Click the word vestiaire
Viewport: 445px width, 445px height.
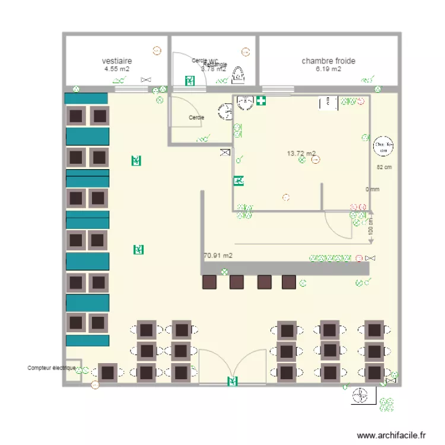(117, 61)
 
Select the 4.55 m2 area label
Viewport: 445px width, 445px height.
(117, 69)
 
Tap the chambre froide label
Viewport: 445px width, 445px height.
(328, 61)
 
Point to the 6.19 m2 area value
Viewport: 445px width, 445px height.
(328, 69)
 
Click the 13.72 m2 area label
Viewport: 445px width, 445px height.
(301, 153)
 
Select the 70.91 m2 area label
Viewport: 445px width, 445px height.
(218, 256)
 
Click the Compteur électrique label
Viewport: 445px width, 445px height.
(51, 368)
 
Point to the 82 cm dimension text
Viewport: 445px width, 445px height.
(384, 167)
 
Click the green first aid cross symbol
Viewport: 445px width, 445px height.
(261, 101)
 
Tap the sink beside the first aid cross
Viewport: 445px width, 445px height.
(244, 103)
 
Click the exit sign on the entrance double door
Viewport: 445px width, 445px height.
(232, 381)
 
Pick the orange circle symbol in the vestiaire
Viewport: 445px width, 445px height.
(157, 51)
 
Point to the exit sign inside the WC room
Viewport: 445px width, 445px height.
(190, 80)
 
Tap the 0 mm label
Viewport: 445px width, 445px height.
(372, 190)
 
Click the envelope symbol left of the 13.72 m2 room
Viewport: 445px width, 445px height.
(225, 152)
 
